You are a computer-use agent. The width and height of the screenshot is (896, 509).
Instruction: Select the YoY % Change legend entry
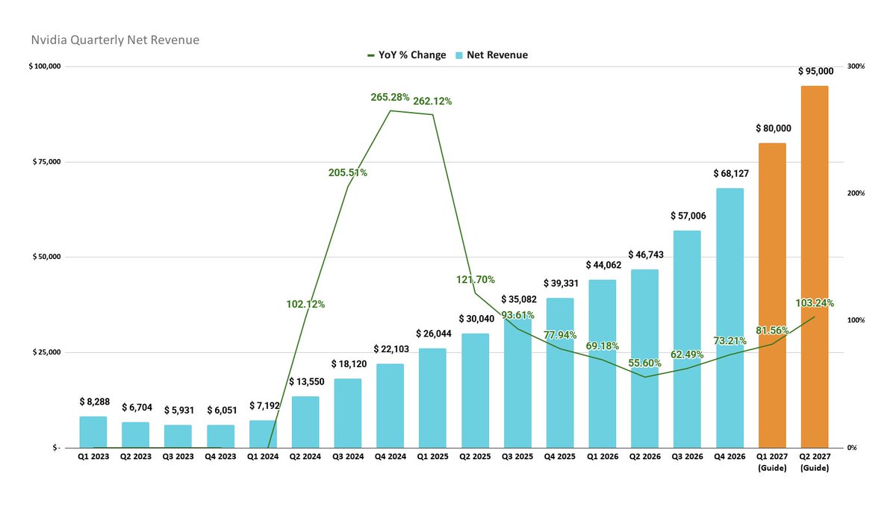pos(406,55)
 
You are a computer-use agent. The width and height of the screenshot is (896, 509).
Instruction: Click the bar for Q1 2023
pos(93,432)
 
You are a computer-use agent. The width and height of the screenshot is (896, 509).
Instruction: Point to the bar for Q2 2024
pos(305,422)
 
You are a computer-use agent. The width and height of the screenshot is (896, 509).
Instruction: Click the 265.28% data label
pos(390,97)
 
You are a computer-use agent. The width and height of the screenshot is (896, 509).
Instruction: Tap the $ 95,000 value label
pos(814,71)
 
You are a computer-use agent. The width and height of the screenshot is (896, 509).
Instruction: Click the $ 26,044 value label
pos(432,334)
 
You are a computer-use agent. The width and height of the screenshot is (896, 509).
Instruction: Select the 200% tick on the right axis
pos(856,193)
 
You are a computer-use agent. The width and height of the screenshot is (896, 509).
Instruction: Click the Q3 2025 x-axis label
pos(517,455)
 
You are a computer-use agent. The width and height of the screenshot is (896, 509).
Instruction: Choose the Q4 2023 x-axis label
pos(220,455)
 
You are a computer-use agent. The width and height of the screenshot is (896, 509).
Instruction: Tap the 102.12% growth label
pos(305,304)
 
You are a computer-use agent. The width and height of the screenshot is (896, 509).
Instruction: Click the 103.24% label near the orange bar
pos(814,303)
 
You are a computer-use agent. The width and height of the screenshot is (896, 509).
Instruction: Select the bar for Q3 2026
pos(687,339)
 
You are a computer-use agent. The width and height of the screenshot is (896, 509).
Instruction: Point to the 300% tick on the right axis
pos(856,66)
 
